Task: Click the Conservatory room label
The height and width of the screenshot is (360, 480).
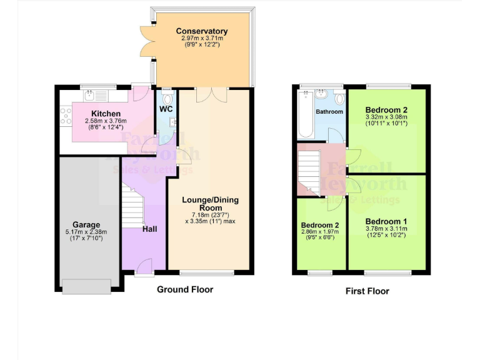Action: [x=201, y=31]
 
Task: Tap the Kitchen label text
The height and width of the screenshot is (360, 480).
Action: [x=106, y=114]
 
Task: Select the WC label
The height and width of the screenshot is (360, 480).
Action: [x=166, y=109]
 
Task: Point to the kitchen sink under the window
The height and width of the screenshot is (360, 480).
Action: [x=91, y=95]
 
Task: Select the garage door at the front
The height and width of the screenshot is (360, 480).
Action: [x=87, y=286]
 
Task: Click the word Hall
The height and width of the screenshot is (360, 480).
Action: [x=149, y=229]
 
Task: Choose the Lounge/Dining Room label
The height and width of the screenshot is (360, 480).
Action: [x=210, y=204]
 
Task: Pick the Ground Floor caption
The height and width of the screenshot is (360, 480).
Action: [x=184, y=289]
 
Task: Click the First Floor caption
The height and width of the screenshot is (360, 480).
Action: [x=367, y=291]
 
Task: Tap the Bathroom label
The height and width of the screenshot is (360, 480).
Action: [x=329, y=112]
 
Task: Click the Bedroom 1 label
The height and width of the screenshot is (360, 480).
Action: [x=386, y=221]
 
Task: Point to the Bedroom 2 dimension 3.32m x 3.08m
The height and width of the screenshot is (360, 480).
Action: [x=386, y=116]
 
